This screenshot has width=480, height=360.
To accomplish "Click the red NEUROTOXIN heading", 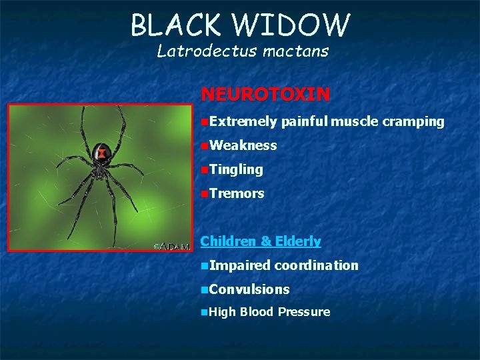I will (x=265, y=94).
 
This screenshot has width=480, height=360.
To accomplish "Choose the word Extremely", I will (x=243, y=121).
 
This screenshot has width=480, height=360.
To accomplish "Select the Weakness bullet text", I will (x=243, y=145).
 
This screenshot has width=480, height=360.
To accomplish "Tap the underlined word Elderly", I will (x=299, y=241).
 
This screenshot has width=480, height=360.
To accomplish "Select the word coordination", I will (x=316, y=265).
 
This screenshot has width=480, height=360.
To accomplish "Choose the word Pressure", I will (x=304, y=312).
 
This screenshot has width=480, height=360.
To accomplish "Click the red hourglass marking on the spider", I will (x=101, y=153).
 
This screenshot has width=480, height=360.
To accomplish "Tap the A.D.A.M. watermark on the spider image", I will (x=173, y=246).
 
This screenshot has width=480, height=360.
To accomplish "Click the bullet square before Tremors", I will (x=204, y=194).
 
